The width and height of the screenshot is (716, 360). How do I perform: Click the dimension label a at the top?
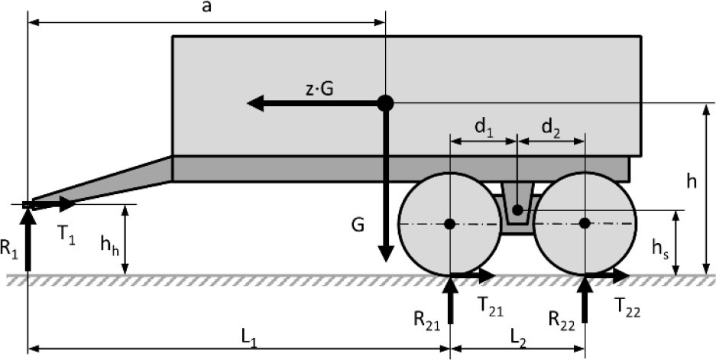(x=207, y=8)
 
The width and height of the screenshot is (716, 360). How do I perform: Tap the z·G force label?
(x=319, y=89)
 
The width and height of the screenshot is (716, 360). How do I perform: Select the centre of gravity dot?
(x=385, y=103)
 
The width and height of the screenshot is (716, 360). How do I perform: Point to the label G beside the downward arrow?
(x=358, y=225)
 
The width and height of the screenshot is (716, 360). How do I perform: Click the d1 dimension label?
(x=484, y=128)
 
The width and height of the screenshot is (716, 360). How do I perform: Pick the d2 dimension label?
(x=551, y=128)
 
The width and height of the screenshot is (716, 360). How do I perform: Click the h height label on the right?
(x=692, y=182)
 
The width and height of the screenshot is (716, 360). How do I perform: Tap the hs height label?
(x=659, y=248)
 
